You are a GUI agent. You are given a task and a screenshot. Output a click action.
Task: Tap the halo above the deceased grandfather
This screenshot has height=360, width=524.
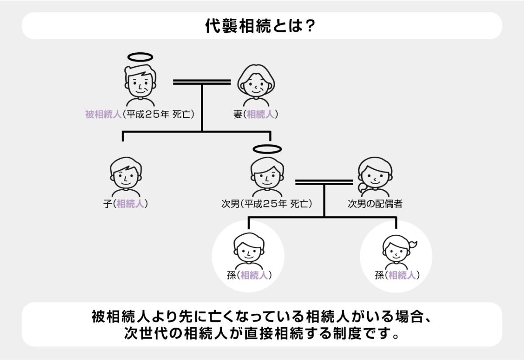[x=140, y=57]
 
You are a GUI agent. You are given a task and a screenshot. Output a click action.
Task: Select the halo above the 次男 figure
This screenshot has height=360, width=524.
[x=267, y=149]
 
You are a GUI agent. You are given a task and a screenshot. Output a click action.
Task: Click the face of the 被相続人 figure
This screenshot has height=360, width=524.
[x=139, y=83]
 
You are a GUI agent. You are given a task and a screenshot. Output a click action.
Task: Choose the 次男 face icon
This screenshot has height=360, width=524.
[x=267, y=175]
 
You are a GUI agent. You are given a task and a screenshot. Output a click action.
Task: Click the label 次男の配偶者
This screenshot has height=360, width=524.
[x=375, y=204]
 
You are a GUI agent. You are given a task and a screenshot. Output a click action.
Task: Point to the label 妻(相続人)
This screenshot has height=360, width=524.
[x=256, y=115]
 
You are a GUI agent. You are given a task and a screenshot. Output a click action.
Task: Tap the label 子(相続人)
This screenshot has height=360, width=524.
[x=125, y=204]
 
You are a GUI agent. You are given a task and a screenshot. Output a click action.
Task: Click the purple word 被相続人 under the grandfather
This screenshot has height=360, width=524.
[x=103, y=115]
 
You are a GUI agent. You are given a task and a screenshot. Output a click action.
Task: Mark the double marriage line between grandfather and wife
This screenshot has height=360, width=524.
[x=202, y=82]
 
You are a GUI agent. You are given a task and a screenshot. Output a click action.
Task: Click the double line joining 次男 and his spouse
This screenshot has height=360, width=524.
[x=324, y=181]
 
